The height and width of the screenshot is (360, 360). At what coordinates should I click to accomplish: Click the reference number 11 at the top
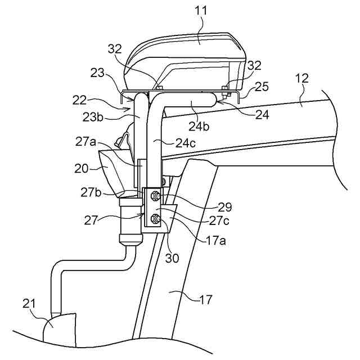pyautogui.click(x=201, y=11)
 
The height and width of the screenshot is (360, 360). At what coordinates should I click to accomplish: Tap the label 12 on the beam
pyautogui.click(x=301, y=79)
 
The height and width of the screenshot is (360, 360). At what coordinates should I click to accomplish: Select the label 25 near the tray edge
pyautogui.click(x=261, y=87)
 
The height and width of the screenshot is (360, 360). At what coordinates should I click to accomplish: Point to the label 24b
pyautogui.click(x=199, y=126)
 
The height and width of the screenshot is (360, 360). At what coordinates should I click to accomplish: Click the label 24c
pyautogui.click(x=186, y=143)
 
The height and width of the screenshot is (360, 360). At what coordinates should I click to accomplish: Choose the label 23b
pyautogui.click(x=93, y=117)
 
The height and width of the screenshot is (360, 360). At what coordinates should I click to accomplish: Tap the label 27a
pyautogui.click(x=85, y=142)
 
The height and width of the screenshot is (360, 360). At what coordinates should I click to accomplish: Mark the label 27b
pyautogui.click(x=91, y=192)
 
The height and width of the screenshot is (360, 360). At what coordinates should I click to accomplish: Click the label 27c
pyautogui.click(x=219, y=220)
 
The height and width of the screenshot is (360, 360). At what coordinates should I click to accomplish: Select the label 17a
pyautogui.click(x=216, y=241)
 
